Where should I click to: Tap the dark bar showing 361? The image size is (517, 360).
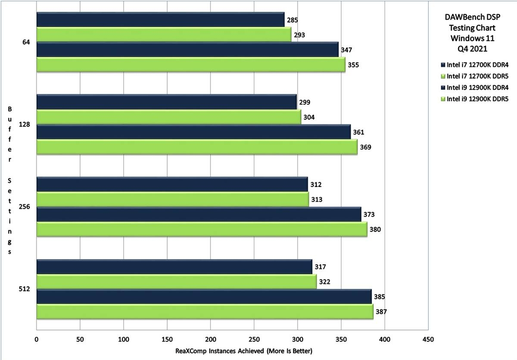[193, 132]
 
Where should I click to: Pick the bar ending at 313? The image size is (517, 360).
[172, 199]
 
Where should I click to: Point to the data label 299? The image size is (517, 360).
[304, 102]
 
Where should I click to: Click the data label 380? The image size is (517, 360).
[375, 229]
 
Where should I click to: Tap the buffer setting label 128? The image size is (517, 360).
[24, 124]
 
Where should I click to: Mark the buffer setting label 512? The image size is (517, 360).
[24, 289]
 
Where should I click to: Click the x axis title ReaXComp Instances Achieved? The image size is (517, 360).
[243, 351]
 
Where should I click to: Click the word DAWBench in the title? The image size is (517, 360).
[461, 18]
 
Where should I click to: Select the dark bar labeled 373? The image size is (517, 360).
[199, 214]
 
